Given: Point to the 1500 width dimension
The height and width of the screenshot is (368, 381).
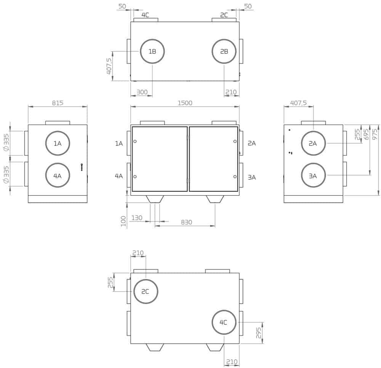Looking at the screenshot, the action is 185,103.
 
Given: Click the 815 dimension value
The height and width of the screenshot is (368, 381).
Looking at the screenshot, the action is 58,103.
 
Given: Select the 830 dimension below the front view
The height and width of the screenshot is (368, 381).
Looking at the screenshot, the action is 186,222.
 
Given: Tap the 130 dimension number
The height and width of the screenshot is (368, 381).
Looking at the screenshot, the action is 137,218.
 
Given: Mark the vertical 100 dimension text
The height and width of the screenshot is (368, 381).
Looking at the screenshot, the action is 123,221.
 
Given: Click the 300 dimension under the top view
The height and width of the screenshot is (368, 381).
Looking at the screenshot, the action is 142,92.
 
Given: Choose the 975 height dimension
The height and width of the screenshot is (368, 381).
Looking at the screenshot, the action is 375,134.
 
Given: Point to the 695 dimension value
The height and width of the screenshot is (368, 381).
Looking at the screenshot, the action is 366,134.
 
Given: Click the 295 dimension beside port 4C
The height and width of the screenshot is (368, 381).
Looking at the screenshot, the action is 259,333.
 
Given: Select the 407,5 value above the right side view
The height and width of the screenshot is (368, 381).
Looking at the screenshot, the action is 298,103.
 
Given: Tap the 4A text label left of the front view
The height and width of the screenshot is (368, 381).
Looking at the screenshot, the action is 119,176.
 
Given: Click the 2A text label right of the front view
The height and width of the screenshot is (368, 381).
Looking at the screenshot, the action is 252,143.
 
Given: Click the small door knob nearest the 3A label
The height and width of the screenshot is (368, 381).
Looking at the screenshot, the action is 235,177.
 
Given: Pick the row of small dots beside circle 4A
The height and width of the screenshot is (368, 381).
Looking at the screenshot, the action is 82,167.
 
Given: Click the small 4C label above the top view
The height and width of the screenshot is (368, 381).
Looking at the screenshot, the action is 145,15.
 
